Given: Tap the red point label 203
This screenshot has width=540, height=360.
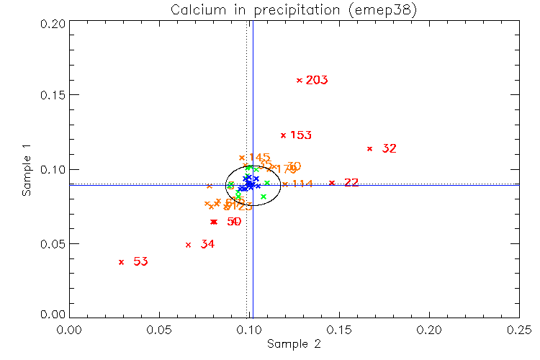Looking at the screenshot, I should click(x=317, y=80).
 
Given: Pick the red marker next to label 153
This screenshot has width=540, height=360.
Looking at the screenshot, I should click(x=283, y=135).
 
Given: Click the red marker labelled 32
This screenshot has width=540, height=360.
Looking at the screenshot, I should click(x=370, y=148).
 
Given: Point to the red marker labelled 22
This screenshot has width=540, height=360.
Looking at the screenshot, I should click(x=332, y=183).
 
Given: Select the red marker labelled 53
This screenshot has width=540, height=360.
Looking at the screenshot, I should click(x=121, y=262).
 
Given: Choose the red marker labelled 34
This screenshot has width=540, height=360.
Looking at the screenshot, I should click(x=188, y=245).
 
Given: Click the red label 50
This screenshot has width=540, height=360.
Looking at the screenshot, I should click(x=234, y=222).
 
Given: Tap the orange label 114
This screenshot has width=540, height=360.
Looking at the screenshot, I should click(x=302, y=184).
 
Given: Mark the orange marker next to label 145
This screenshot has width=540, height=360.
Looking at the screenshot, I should click(x=242, y=158).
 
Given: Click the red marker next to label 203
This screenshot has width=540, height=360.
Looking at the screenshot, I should click(x=300, y=80).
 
